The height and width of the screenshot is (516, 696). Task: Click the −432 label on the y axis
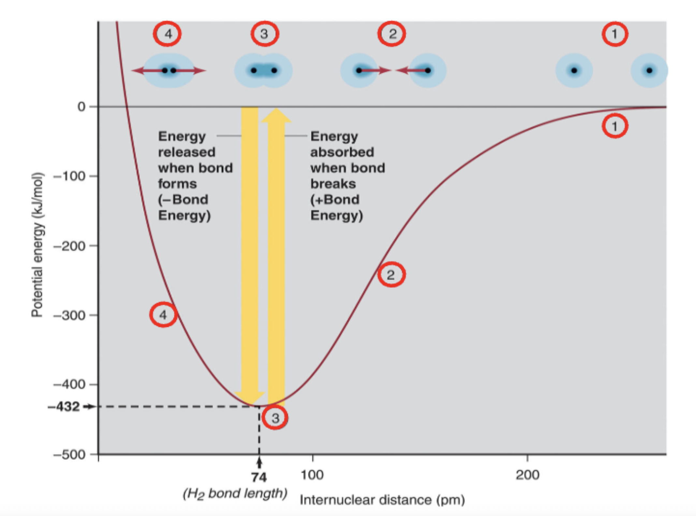click(64, 407)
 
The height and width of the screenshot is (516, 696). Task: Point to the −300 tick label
click(69, 315)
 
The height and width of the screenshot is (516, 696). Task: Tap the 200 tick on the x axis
click(527, 475)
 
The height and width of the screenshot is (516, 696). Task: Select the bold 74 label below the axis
click(259, 478)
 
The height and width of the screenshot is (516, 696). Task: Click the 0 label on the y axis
click(81, 107)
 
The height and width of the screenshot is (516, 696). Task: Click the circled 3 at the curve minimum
click(275, 418)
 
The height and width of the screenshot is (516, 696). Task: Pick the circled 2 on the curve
click(391, 275)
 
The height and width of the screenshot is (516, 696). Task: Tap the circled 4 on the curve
click(163, 315)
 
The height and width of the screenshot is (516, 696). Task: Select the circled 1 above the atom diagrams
click(615, 34)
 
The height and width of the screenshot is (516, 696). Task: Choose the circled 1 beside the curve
click(615, 126)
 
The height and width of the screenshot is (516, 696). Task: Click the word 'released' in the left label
click(187, 152)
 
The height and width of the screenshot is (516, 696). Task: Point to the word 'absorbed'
click(342, 152)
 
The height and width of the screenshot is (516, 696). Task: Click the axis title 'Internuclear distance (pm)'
click(382, 500)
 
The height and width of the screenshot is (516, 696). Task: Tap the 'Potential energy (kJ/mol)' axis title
click(37, 245)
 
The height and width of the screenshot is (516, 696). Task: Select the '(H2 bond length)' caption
click(235, 493)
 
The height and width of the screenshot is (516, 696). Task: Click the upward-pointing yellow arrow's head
click(276, 115)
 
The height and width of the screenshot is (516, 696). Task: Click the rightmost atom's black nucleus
click(649, 70)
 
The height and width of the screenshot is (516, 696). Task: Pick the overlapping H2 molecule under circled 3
click(264, 70)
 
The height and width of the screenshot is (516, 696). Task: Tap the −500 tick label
click(69, 454)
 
